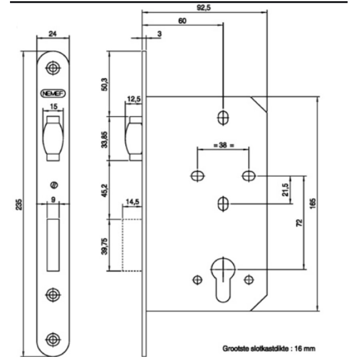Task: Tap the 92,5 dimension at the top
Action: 204,8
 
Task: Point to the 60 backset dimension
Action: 182,22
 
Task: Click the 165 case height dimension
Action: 312,204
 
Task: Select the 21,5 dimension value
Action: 284,190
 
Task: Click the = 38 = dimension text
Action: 223,146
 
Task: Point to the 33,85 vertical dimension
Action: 103,138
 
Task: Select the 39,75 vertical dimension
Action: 103,245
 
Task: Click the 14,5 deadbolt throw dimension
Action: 132,203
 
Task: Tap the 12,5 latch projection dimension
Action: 133,98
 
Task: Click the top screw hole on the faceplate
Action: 52,68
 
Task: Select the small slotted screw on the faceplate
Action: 54,185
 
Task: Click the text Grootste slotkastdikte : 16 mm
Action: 268,348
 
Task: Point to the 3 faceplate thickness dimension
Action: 159,34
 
